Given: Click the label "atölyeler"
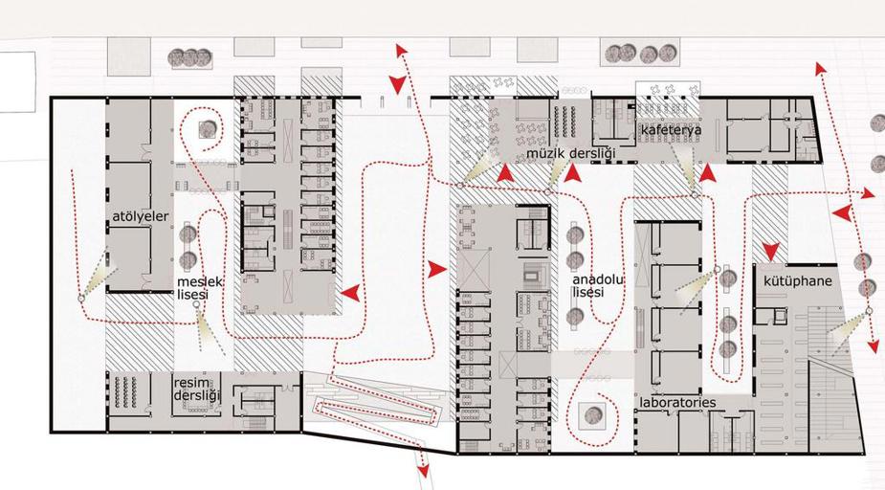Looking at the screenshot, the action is pyautogui.click(x=141, y=217).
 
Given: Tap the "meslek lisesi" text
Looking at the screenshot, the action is pyautogui.click(x=200, y=288).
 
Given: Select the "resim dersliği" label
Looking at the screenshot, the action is pyautogui.click(x=196, y=389).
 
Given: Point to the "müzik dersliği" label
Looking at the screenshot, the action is pyautogui.click(x=570, y=153).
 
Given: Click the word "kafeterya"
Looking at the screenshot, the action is pyautogui.click(x=671, y=130).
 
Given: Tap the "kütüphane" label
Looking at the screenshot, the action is pyautogui.click(x=798, y=281).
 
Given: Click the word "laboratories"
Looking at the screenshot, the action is pyautogui.click(x=677, y=403).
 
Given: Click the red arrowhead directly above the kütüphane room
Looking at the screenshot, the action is pyautogui.click(x=771, y=251).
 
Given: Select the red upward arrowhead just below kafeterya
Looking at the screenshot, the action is pyautogui.click(x=708, y=172).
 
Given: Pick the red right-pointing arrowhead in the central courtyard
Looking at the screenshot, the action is pyautogui.click(x=436, y=269).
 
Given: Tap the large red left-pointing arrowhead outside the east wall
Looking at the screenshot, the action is pyautogui.click(x=842, y=213).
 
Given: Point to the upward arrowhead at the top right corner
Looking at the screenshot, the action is pyautogui.click(x=820, y=68).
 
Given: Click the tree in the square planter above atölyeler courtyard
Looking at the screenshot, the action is pyautogui.click(x=208, y=130).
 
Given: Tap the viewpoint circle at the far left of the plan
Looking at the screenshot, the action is pyautogui.click(x=80, y=298).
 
